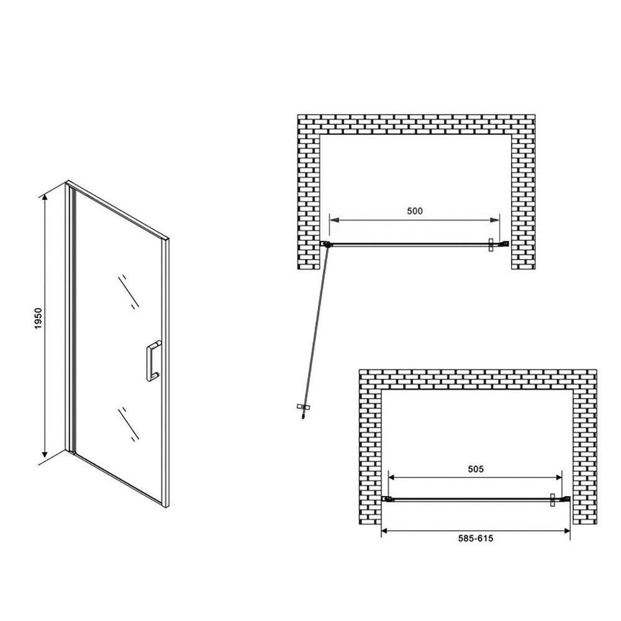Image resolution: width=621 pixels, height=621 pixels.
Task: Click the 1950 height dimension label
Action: coord(38,319)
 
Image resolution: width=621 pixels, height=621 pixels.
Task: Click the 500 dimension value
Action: coord(415,211)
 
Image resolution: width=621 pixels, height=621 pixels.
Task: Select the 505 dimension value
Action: coord(476,469)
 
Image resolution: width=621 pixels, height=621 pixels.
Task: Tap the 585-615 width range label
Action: coord(476,538)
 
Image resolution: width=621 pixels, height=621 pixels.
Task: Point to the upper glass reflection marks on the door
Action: coord(129,291)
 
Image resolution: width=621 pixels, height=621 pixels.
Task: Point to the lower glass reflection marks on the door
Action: coord(129,424)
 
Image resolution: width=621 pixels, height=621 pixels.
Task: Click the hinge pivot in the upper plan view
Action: coord(327,244)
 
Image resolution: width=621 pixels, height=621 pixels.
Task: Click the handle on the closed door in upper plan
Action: coord(491,245)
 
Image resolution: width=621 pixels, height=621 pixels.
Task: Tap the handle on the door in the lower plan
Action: coord(553,500)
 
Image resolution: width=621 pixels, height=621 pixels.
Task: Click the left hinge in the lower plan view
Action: coord(388,499)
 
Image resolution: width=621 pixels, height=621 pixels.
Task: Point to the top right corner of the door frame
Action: coord(169,239)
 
